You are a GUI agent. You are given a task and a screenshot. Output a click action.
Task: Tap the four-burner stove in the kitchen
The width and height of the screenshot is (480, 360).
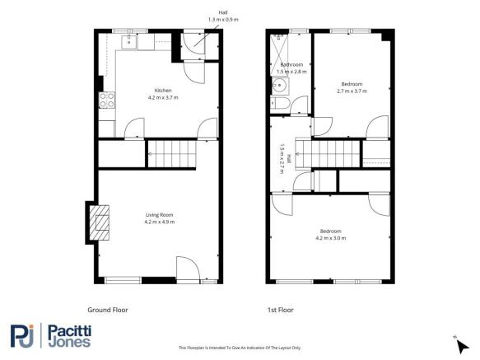click(x=105, y=101)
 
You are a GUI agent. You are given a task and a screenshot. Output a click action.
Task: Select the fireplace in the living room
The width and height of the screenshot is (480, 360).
click(x=96, y=220)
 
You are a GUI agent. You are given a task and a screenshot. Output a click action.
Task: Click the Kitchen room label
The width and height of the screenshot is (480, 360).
click(x=163, y=90)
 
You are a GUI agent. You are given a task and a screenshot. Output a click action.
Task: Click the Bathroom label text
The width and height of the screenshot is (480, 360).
click(x=291, y=64)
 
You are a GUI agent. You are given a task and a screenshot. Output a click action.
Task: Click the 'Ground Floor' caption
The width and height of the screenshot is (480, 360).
click(x=107, y=310)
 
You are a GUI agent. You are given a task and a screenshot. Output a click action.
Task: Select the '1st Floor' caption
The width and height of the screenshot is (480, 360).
click(x=280, y=310)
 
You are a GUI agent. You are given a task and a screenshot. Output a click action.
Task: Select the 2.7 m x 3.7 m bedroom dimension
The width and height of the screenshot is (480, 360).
click(x=352, y=90)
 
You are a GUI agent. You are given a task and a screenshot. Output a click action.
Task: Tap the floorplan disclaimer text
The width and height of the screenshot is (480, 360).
click(x=240, y=348)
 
